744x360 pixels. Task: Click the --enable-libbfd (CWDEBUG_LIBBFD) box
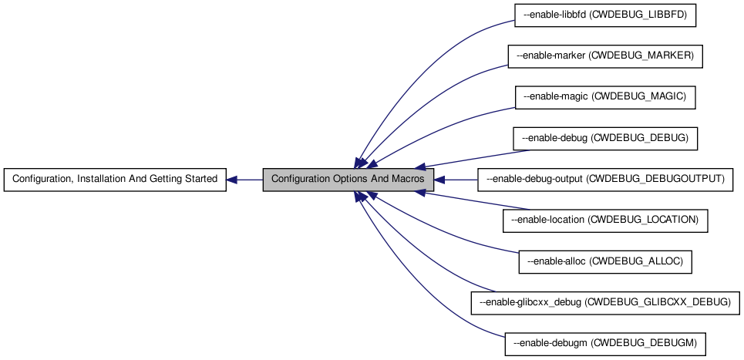pyautogui.click(x=604, y=15)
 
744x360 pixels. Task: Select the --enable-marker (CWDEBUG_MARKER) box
pyautogui.click(x=604, y=56)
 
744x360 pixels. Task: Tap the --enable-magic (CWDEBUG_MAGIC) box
pyautogui.click(x=604, y=97)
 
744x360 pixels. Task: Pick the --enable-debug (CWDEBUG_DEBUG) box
pyautogui.click(x=604, y=139)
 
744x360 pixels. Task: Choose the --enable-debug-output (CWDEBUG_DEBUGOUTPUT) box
pyautogui.click(x=604, y=180)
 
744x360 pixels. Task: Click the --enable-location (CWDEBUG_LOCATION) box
pyautogui.click(x=604, y=220)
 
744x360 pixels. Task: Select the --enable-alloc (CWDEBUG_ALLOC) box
pyautogui.click(x=604, y=262)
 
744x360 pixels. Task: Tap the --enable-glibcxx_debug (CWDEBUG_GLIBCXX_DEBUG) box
pyautogui.click(x=604, y=302)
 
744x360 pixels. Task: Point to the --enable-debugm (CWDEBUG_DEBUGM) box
pyautogui.click(x=604, y=344)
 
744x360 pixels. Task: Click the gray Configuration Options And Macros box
pyautogui.click(x=347, y=180)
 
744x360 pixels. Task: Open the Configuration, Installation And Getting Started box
pyautogui.click(x=115, y=180)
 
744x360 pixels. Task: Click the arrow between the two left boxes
pyautogui.click(x=245, y=180)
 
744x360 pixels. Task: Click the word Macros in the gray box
pyautogui.click(x=404, y=180)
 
